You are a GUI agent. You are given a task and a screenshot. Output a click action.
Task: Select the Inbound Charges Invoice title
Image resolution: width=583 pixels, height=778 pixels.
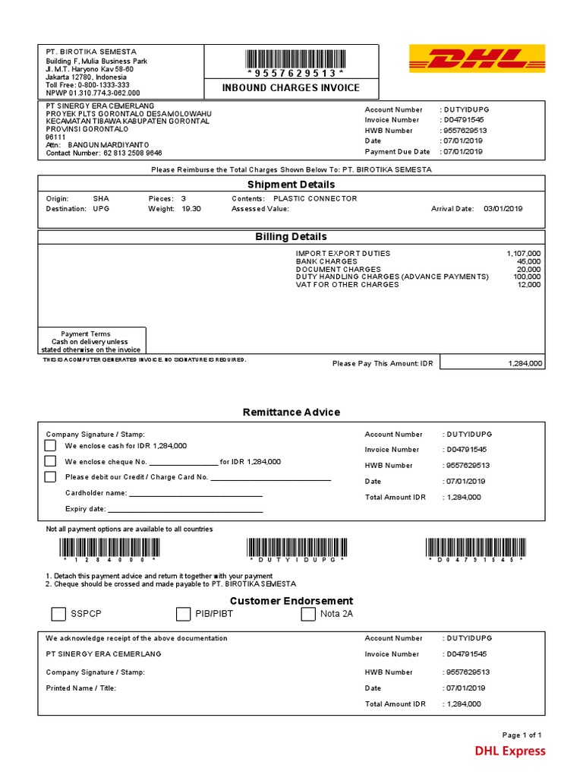[291, 88]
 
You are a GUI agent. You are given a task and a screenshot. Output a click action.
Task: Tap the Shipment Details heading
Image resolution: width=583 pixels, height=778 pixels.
[291, 185]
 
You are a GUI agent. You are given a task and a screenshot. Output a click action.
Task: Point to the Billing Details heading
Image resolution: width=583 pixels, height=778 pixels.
[291, 237]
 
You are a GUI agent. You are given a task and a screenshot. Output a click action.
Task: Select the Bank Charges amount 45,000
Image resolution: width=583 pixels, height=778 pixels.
[528, 261]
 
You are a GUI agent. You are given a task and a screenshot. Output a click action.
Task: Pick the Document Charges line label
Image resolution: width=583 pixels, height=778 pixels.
[338, 270]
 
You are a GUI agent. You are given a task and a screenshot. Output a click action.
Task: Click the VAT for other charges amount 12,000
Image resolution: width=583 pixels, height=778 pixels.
[528, 285]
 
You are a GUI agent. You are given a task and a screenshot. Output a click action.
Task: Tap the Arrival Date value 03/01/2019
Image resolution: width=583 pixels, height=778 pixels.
[503, 209]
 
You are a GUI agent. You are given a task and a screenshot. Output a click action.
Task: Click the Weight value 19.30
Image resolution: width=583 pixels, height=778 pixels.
[191, 209]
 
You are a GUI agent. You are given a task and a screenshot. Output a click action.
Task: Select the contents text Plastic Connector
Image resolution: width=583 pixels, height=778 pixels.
[314, 199]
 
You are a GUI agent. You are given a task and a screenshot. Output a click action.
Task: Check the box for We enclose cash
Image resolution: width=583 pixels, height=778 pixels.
[50, 446]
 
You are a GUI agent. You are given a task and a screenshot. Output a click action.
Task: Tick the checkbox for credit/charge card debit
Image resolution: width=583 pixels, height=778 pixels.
[50, 477]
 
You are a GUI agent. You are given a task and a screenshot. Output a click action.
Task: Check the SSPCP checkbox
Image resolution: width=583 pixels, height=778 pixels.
[58, 614]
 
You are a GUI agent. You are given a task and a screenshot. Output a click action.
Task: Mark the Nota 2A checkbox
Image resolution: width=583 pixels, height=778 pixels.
[307, 614]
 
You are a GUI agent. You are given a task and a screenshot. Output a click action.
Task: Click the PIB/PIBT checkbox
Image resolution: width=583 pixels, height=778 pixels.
[183, 614]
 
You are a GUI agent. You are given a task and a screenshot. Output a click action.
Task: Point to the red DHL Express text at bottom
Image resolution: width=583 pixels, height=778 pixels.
[509, 751]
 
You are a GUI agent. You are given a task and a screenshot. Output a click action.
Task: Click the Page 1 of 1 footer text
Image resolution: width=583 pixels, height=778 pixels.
[522, 735]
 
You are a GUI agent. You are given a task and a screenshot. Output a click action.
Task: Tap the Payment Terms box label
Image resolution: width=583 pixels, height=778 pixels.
[85, 334]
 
